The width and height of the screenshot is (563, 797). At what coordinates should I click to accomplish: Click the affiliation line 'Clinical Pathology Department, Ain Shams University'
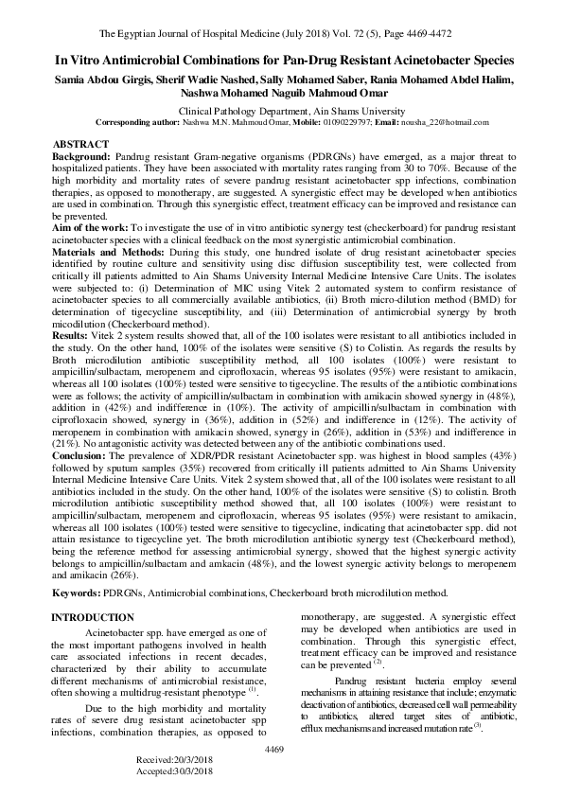point(280,111)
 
